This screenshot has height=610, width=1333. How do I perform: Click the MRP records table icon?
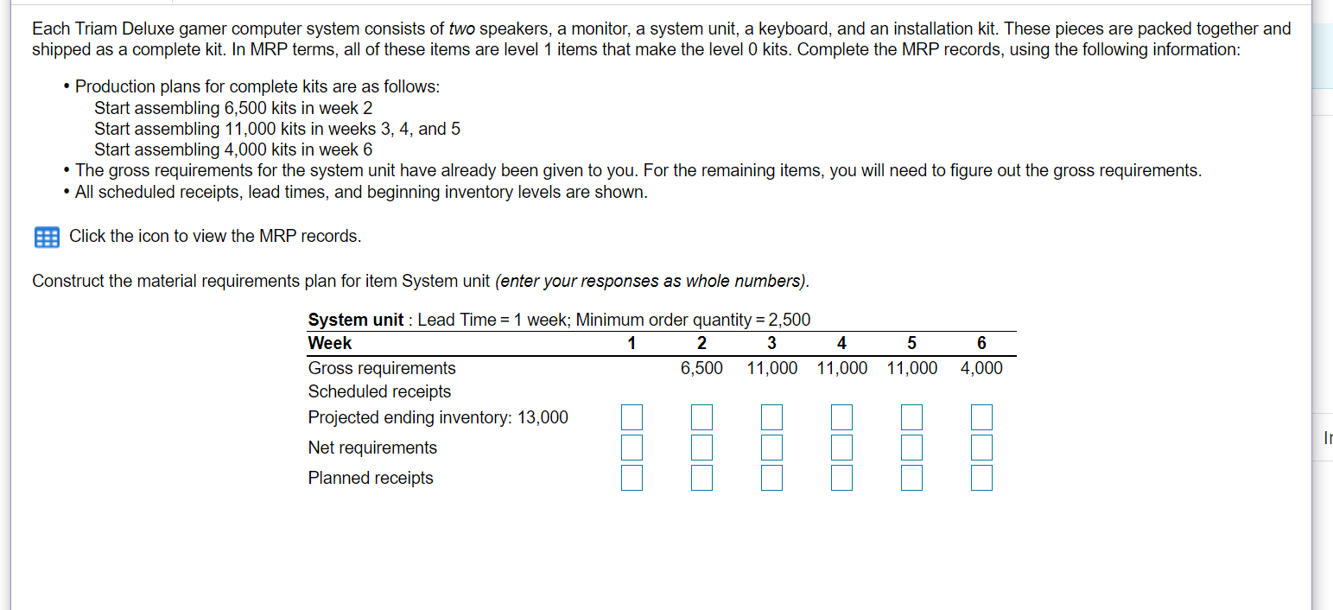click(x=47, y=237)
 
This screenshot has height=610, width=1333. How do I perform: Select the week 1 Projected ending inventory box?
click(x=632, y=418)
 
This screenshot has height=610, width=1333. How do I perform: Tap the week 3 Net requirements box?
click(x=771, y=448)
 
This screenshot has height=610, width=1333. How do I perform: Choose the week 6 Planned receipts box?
click(x=981, y=478)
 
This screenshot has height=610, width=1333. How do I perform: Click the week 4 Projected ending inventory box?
click(x=841, y=418)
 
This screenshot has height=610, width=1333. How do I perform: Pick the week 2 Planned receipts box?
click(x=701, y=478)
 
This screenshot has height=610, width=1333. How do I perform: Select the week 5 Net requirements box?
click(x=911, y=448)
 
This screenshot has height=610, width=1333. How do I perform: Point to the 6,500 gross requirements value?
click(x=701, y=369)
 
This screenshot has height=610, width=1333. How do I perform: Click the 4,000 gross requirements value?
click(x=981, y=369)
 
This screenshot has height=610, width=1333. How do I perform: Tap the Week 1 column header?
click(x=632, y=344)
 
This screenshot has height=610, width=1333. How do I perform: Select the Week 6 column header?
click(x=981, y=344)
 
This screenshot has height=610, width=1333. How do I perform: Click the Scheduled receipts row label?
click(x=379, y=391)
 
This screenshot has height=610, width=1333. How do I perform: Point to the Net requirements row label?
click(x=372, y=448)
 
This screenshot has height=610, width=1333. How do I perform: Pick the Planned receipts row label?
click(x=371, y=478)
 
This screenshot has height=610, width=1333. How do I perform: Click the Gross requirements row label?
click(x=382, y=369)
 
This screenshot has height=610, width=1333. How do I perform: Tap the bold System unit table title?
click(x=355, y=320)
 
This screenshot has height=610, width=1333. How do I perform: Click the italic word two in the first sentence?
click(x=462, y=29)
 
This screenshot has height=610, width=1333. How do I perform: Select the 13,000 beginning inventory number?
click(x=543, y=418)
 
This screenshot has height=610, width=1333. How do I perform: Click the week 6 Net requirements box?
click(x=981, y=448)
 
